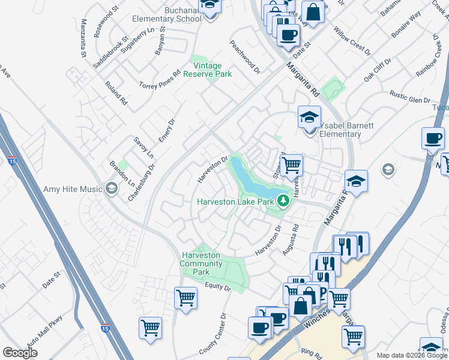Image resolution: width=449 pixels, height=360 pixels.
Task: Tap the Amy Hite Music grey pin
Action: click(110, 189)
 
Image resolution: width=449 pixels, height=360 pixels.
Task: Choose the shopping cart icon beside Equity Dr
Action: click(185, 297)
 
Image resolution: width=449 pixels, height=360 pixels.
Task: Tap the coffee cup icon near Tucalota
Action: click(433, 139)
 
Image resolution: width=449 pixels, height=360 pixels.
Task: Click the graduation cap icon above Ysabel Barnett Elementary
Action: click(310, 116)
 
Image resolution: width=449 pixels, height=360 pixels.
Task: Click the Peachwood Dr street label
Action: click(244, 57)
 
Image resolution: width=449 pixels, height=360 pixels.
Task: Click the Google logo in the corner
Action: click(20, 352)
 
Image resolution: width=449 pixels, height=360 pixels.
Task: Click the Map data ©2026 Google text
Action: click(412, 355)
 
